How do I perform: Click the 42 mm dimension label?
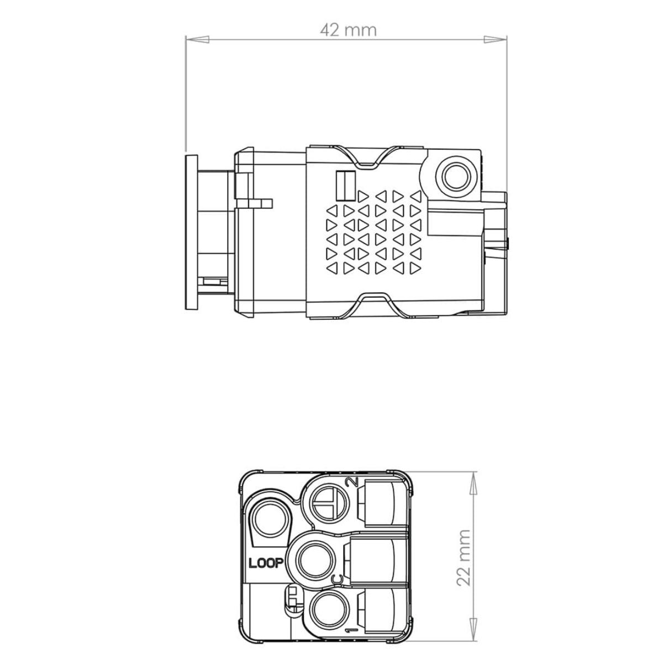tap(348, 30)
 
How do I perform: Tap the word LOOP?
tap(266, 563)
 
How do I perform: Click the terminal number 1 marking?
tap(352, 639)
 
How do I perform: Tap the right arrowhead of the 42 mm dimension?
tap(496, 39)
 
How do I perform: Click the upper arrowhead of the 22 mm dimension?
tap(474, 483)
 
